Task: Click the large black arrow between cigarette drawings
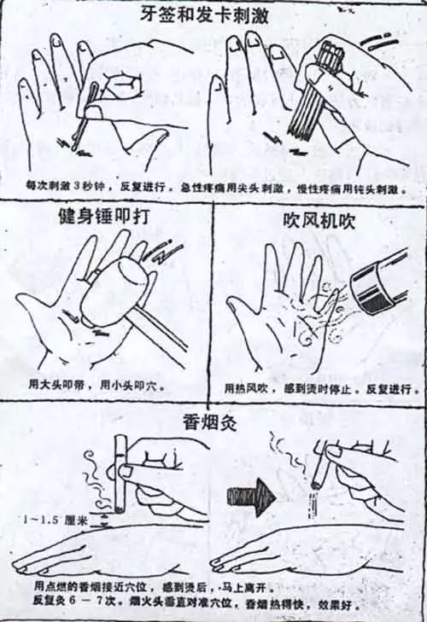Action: (x=254, y=493)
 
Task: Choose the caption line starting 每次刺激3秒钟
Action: (x=213, y=185)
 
